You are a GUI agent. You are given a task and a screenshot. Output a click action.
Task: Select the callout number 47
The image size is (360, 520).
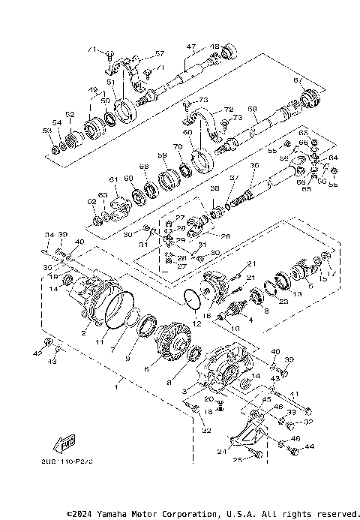pyautogui.click(x=190, y=47)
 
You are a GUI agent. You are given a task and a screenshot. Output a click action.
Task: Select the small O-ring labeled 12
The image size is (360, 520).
pyautogui.click(x=193, y=297)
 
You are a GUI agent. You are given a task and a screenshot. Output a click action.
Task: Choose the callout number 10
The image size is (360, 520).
pyautogui.click(x=235, y=329)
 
